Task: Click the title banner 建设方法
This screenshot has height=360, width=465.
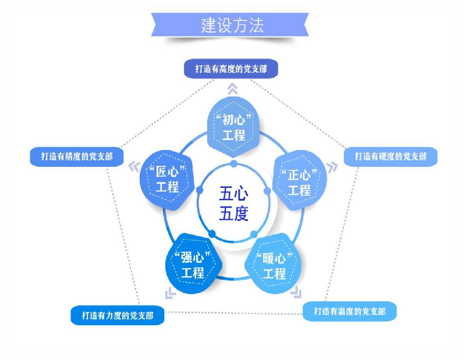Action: point(230,24)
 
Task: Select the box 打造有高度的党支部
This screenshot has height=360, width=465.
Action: point(231,69)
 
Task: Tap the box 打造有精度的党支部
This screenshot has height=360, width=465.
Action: point(76,157)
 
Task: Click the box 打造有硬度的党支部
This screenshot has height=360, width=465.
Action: point(391,156)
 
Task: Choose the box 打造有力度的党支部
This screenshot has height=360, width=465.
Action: point(118,315)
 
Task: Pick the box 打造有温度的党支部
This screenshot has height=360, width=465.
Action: point(350,311)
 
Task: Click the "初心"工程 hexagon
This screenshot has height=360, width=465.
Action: point(233,127)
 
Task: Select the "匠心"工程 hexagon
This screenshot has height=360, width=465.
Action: point(167,180)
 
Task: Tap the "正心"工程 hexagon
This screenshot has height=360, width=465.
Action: point(300,180)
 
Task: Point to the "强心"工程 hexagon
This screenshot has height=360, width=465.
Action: point(193,263)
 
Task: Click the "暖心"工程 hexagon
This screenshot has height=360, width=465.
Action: point(274,263)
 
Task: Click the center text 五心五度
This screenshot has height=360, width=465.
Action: point(234,204)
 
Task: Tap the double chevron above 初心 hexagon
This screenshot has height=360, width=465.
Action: point(233,88)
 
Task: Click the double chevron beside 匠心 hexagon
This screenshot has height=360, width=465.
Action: point(134,166)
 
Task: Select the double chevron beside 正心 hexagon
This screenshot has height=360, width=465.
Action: point(332,167)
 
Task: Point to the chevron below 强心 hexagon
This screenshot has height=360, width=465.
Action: point(170,293)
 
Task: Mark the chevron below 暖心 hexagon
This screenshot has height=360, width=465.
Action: point(296,292)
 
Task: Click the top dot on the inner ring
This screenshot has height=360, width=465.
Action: point(234,163)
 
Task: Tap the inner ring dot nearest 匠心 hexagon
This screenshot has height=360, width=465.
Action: point(200,190)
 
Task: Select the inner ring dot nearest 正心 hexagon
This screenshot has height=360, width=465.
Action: point(267,191)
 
